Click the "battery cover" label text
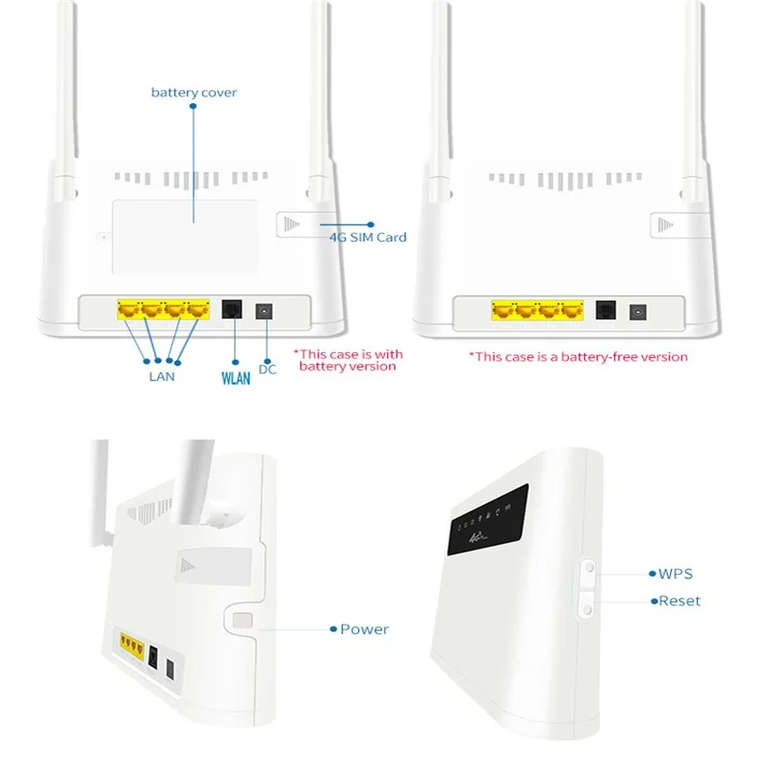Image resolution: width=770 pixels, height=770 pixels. [x=193, y=92]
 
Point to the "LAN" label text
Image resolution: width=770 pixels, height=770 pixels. [x=162, y=376]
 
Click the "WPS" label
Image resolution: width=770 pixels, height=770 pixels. [x=675, y=574]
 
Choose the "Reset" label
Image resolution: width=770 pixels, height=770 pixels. [x=679, y=601]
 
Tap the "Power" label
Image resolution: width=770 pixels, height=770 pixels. [x=364, y=629]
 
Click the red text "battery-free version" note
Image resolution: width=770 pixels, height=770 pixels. [x=578, y=356]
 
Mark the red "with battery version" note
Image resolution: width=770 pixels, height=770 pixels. [x=347, y=360]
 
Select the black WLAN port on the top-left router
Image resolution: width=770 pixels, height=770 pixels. [x=232, y=310]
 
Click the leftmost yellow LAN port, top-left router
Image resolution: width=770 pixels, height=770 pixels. [x=129, y=310]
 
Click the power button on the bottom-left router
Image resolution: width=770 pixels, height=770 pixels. [x=244, y=625]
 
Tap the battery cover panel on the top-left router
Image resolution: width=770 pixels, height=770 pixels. [x=185, y=236]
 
